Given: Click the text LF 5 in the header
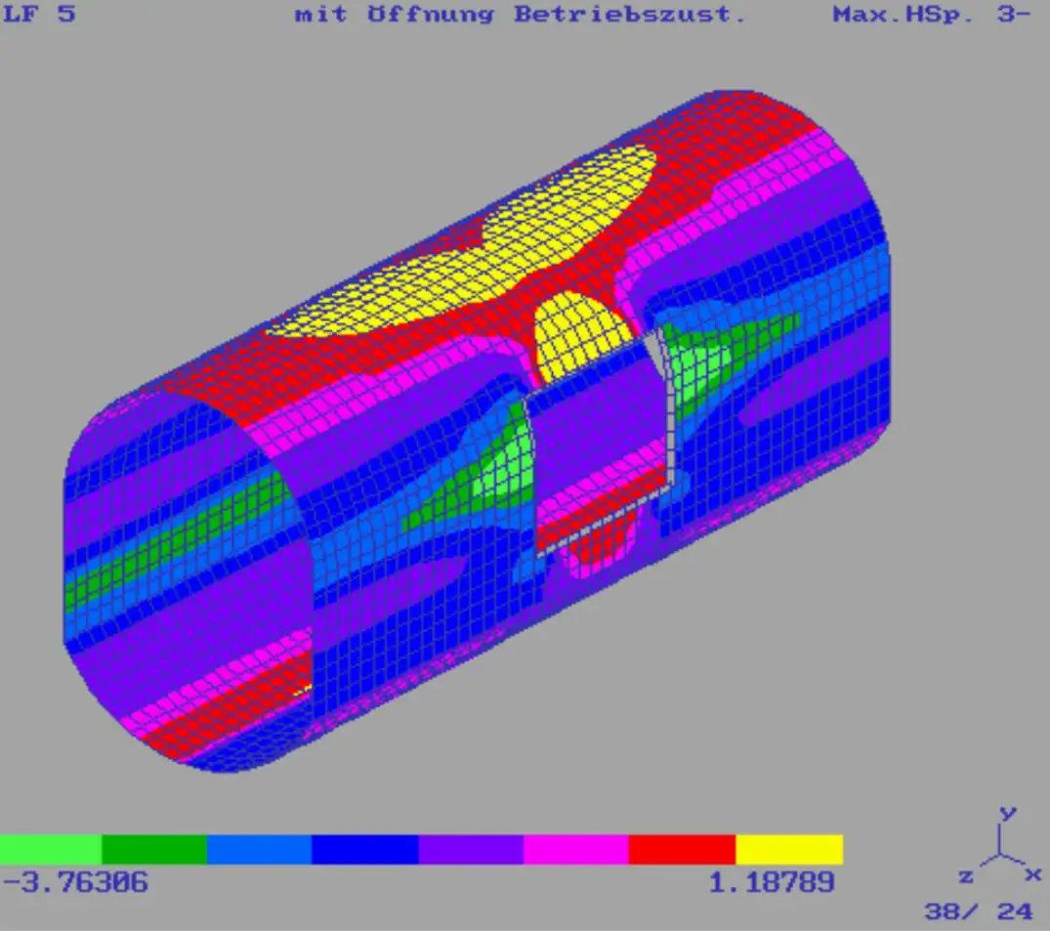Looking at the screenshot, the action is click(39, 14).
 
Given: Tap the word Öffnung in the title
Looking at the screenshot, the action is click(431, 14).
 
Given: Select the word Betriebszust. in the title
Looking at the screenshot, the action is click(629, 14).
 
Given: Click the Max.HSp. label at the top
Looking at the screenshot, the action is click(903, 14).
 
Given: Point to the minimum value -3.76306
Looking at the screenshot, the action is click(75, 881).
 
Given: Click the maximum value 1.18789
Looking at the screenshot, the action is click(772, 882).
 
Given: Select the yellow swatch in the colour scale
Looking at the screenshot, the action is click(789, 849).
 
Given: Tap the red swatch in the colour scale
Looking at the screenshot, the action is click(682, 849).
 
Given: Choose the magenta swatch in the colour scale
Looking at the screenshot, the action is click(576, 849).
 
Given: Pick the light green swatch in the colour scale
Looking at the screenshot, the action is click(50, 849).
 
